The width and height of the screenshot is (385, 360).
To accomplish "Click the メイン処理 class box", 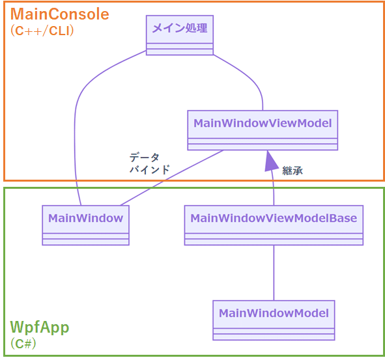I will pos(179,35).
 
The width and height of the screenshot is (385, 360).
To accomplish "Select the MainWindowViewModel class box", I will pos(263,130).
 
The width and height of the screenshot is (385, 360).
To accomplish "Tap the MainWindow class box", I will pos(85,225).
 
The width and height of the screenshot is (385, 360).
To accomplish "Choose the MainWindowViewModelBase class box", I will pos(274,225).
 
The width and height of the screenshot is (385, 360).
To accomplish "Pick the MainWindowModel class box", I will pos(274,320).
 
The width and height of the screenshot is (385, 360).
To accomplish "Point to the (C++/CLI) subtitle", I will pos(42,31).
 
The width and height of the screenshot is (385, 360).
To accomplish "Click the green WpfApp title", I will pos(40,326).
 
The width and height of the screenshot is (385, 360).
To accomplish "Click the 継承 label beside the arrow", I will pos(292,171).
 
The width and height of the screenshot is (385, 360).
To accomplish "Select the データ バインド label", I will pos(149,163).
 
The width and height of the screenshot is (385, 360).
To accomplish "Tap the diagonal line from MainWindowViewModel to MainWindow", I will pos(169,179).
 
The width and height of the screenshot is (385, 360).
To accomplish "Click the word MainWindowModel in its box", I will pos(274,313).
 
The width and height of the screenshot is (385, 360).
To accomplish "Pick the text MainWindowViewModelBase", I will pos(274,218).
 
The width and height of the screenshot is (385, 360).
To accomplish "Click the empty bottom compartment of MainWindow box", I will pos(85,241).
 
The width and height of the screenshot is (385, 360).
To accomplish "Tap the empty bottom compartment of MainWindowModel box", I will pos(274,336).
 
